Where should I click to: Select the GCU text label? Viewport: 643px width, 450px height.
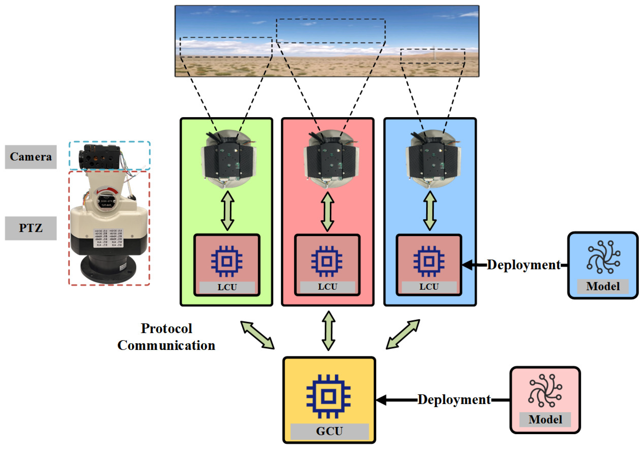point(329,431)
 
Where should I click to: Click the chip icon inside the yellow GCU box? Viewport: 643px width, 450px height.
point(328,396)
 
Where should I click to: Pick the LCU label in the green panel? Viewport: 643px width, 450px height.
point(227,287)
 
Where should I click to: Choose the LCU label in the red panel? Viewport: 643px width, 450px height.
point(327,287)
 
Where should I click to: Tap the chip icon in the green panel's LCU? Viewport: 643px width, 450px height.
point(227,261)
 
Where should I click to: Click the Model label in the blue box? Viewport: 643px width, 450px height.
point(603,286)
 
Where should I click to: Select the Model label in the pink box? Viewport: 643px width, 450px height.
point(545,420)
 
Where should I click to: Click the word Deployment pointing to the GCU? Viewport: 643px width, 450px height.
point(454,399)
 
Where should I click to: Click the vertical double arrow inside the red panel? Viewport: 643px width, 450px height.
point(327,211)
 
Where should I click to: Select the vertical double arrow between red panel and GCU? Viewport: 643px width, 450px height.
point(328,331)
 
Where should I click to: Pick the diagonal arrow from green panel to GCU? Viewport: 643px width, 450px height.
point(257,335)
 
